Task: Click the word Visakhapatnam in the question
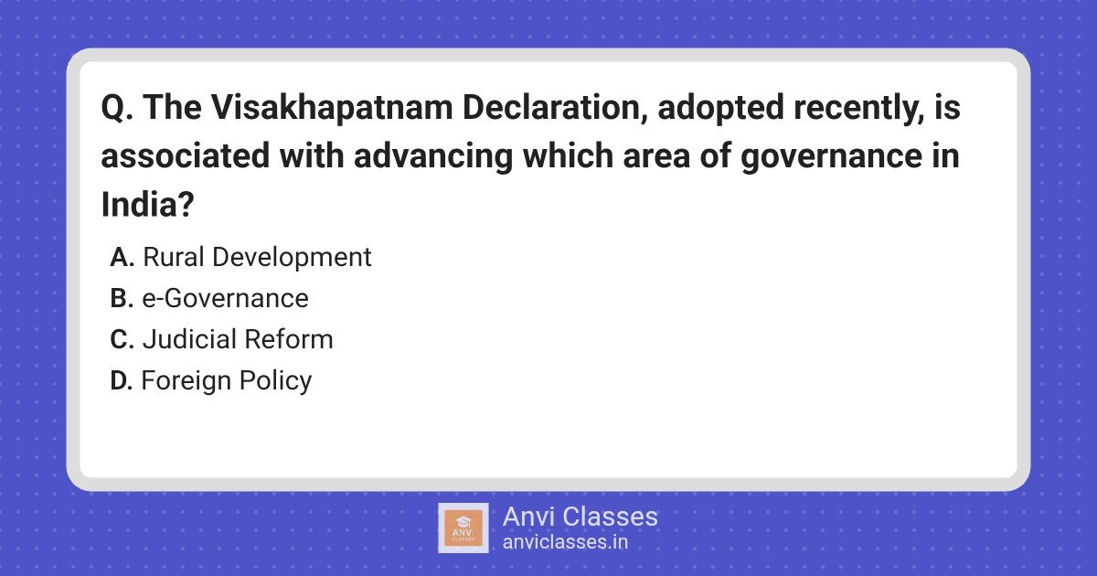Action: pyautogui.click(x=332, y=108)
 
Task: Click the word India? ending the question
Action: pyautogui.click(x=147, y=204)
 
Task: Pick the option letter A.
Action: pyautogui.click(x=122, y=257)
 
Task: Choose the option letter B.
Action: pyautogui.click(x=122, y=298)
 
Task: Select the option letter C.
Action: pyautogui.click(x=122, y=339)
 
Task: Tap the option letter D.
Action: pyautogui.click(x=121, y=380)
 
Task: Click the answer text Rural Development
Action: pyautogui.click(x=257, y=258)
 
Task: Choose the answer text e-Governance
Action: pyautogui.click(x=225, y=298)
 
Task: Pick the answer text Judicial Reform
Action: pyautogui.click(x=238, y=339)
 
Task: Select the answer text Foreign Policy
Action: pyautogui.click(x=227, y=381)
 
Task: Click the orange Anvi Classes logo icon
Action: pyautogui.click(x=463, y=528)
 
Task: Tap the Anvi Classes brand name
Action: pyautogui.click(x=580, y=517)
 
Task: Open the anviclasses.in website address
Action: pyautogui.click(x=565, y=542)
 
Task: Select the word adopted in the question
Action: pyautogui.click(x=721, y=108)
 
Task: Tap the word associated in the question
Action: pyautogui.click(x=186, y=156)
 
